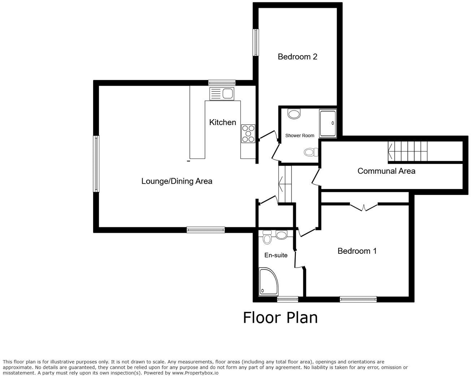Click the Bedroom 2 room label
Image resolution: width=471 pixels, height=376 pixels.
[297, 57]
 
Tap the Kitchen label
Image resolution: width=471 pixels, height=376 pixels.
[222, 123]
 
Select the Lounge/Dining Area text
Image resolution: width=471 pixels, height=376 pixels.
[177, 181]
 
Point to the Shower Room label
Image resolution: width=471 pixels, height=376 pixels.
[300, 136]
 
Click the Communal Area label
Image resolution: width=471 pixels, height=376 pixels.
[386, 171]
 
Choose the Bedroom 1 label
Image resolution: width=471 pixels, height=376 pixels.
[357, 251]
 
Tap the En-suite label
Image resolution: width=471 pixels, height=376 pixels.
[276, 255]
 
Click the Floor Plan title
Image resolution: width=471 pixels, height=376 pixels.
[280, 318]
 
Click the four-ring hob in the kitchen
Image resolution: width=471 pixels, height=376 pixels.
[248, 133]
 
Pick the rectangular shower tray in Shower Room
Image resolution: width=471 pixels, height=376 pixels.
[328, 124]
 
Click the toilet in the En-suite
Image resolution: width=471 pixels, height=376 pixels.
[267, 238]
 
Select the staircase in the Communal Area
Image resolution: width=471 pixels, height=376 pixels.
[407, 151]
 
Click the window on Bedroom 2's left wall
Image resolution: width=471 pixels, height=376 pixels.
[256, 43]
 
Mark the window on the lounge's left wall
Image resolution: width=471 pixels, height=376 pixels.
[96, 164]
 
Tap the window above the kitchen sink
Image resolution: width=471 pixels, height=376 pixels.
[222, 83]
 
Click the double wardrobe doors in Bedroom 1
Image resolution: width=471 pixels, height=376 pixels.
[364, 207]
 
